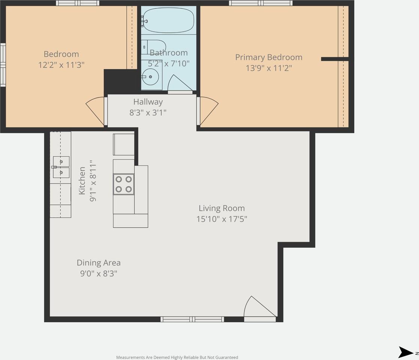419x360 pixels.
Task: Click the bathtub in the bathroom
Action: (x=168, y=20)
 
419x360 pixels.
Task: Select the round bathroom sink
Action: (x=150, y=77)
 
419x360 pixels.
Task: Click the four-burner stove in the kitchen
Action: (x=124, y=184)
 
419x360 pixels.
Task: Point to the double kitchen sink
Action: (x=61, y=167)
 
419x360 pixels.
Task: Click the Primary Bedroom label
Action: (x=268, y=57)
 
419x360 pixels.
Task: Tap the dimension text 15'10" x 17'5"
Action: (x=222, y=219)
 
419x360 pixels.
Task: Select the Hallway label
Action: (x=148, y=102)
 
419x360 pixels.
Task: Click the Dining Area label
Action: (x=99, y=263)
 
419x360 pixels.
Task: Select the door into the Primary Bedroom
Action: (x=207, y=111)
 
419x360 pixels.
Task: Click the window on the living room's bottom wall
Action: (x=192, y=319)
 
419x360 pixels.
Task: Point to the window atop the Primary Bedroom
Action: (x=260, y=3)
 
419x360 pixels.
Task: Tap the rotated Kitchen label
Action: (x=82, y=181)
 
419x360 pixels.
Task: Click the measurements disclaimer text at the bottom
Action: (x=177, y=357)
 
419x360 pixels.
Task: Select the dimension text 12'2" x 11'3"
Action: (x=61, y=64)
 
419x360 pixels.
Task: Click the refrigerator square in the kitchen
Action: (x=124, y=144)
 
